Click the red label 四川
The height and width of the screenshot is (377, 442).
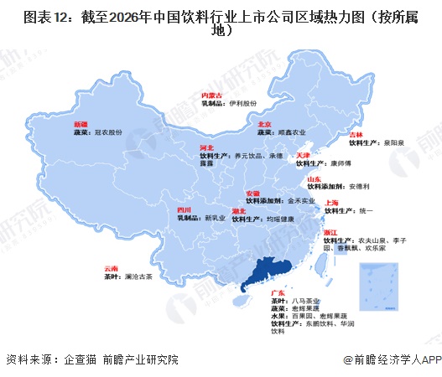[x=185, y=209]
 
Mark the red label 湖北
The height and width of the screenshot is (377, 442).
[x=240, y=210]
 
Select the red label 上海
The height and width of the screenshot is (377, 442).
[x=331, y=203]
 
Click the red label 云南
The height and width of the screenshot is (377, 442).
[x=111, y=270]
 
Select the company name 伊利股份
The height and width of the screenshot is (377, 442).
[x=242, y=105]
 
